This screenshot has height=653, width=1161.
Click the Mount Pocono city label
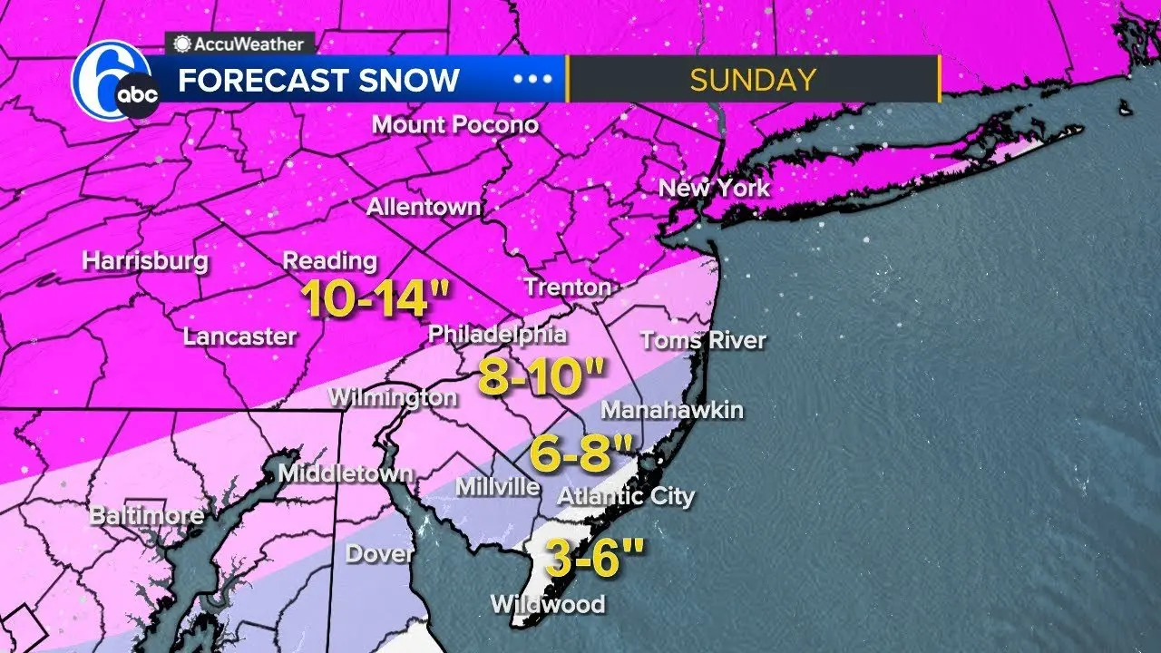[455, 124]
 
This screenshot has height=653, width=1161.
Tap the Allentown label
[424, 207]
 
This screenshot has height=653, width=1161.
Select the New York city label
[714, 189]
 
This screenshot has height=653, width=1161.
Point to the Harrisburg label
[145, 261]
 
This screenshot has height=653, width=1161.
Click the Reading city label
[329, 260]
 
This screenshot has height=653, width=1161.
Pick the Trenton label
[568, 288]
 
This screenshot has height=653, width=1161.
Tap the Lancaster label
[239, 336]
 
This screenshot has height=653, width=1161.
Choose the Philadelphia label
[497, 334]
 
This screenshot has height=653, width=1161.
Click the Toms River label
[703, 341]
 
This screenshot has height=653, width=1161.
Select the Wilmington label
[393, 397]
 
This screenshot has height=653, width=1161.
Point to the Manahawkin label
[672, 410]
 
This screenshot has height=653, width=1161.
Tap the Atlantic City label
[626, 496]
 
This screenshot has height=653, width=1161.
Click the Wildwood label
[547, 603]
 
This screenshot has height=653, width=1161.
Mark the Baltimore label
[146, 516]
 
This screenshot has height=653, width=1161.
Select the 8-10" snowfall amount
[541, 377]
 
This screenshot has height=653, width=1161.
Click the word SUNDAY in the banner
[752, 80]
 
